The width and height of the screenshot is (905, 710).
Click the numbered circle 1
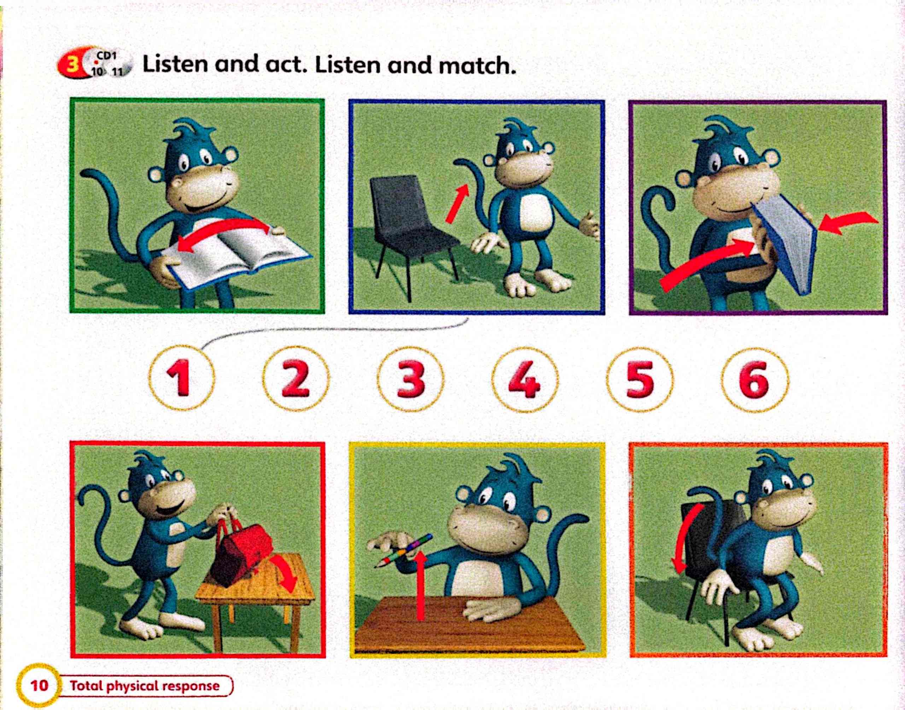click(182, 378)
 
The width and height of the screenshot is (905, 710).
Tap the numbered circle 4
click(525, 379)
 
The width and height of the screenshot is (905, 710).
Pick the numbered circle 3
click(410, 379)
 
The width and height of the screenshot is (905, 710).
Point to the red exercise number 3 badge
click(72, 65)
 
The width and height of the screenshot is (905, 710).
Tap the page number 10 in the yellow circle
click(38, 685)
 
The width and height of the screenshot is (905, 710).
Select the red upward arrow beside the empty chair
click(457, 204)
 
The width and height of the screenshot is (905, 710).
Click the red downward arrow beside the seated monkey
click(687, 536)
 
